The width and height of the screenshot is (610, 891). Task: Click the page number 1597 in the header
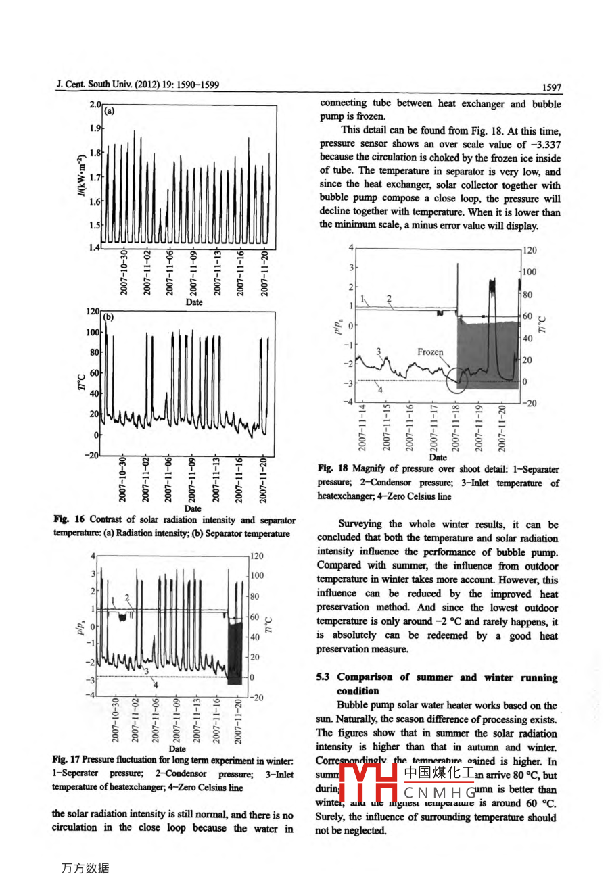click(x=551, y=87)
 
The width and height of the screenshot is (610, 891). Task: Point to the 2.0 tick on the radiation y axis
click(x=94, y=105)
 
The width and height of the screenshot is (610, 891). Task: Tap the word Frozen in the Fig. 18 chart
click(x=430, y=352)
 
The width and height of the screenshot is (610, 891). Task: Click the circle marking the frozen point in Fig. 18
click(x=458, y=381)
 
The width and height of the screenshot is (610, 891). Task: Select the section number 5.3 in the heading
click(x=324, y=677)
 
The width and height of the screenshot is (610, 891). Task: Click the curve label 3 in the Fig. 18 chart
click(x=379, y=351)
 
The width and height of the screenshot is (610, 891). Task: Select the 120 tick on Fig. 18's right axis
click(x=530, y=250)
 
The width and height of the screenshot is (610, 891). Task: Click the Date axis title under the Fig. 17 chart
click(x=177, y=748)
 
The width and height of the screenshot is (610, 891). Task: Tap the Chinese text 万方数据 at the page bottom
click(x=85, y=868)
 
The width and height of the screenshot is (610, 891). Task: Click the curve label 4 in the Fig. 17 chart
click(x=156, y=685)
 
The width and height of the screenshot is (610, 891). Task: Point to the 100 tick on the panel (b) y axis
click(x=92, y=333)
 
